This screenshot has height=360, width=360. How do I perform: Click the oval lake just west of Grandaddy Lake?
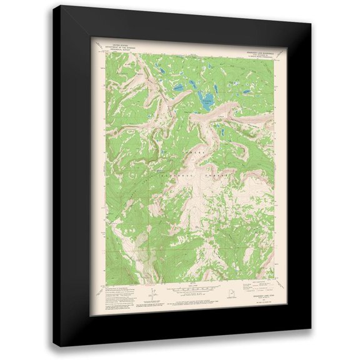[x=182, y=88]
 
